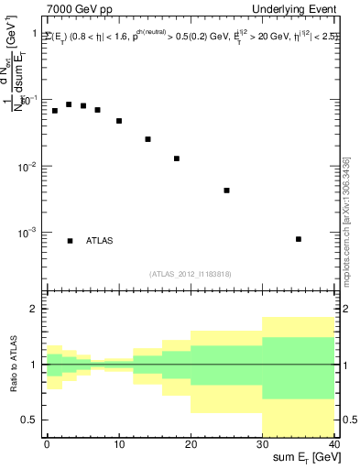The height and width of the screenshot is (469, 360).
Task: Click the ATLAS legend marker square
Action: pos(70,241)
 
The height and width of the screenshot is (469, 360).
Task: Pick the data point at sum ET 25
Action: pos(226,191)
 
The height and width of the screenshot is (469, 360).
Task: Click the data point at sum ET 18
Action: pos(177,158)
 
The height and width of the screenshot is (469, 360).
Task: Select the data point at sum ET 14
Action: pos(147,139)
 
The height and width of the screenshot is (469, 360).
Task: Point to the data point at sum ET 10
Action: pos(119,121)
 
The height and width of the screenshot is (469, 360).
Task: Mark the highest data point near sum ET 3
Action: pos(69,104)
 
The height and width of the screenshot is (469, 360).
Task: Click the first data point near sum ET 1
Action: pos(55,111)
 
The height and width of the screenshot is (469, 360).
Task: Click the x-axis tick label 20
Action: pos(190,444)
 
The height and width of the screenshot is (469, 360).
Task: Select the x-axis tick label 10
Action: pos(119,444)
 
